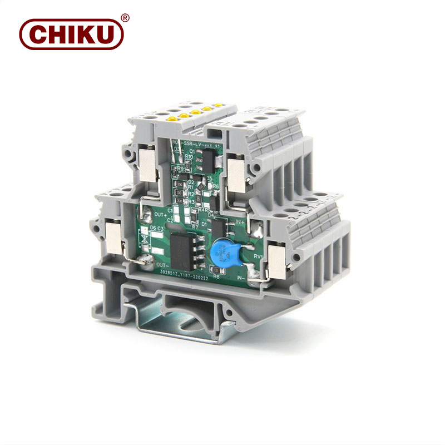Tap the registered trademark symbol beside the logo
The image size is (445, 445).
[125, 18]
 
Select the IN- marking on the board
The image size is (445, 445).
[243, 276]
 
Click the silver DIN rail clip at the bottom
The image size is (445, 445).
[184, 323]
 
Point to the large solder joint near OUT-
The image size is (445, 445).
[146, 260]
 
